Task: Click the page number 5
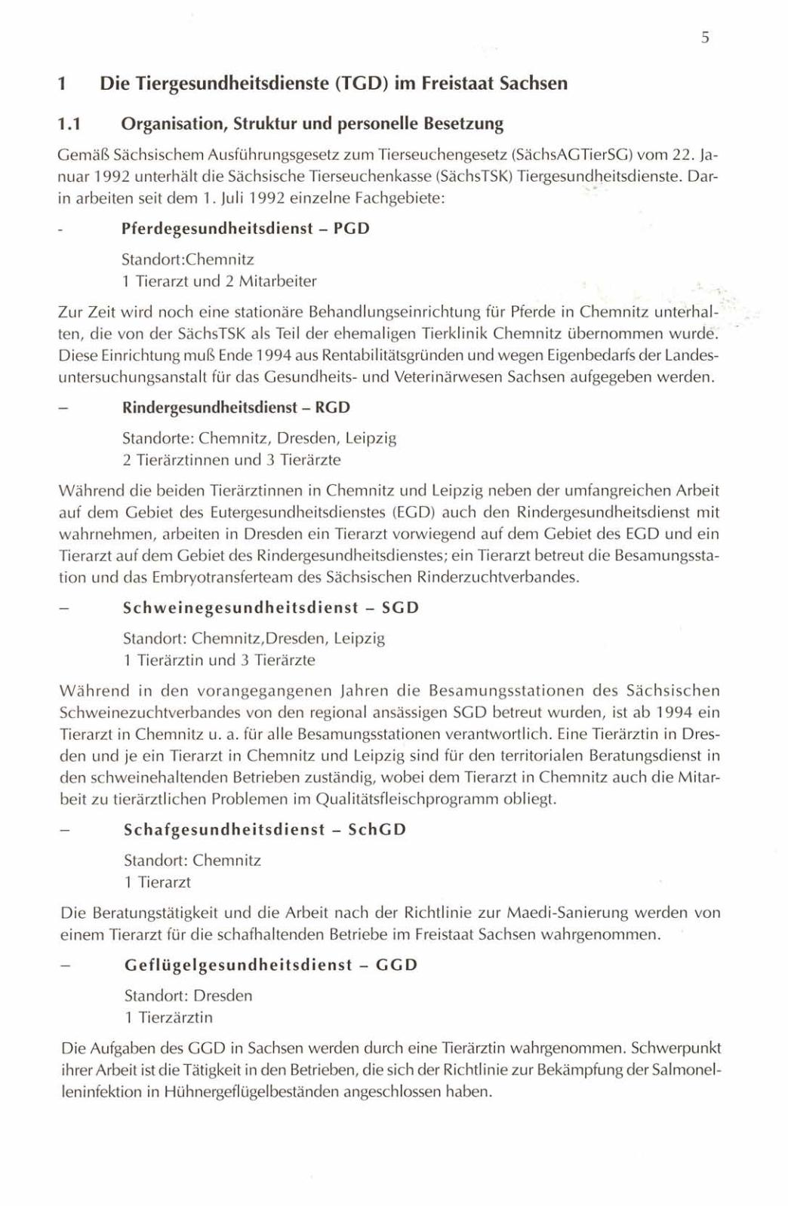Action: coord(703,38)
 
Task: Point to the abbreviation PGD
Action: coord(351,228)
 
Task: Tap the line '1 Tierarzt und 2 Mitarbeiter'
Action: coord(219,281)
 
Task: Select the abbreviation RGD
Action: coord(333,407)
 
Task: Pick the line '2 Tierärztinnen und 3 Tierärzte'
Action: coord(232,459)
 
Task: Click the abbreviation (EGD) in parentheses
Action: coord(411,512)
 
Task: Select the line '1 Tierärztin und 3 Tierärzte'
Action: coord(219,660)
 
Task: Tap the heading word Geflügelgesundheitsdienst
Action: coord(239,965)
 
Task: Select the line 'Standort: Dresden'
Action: coord(188,996)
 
